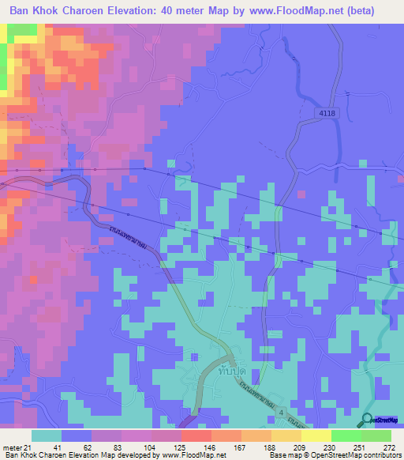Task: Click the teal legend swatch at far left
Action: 47,435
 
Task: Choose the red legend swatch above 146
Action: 196,435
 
